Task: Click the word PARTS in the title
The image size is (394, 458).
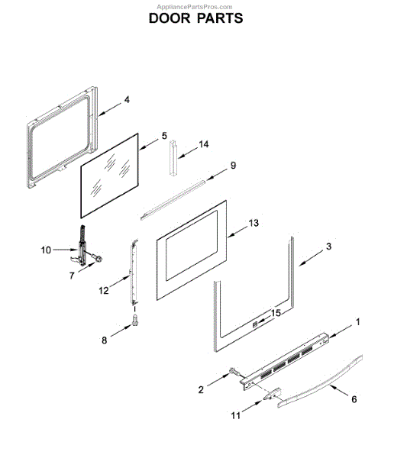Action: click(220, 18)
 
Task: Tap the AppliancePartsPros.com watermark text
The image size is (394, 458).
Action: click(195, 7)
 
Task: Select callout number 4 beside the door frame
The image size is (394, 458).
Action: click(127, 100)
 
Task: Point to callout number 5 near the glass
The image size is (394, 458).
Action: click(164, 136)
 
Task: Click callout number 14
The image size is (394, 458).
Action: click(204, 144)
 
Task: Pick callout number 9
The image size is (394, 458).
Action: click(233, 166)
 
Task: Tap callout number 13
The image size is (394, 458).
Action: click(254, 223)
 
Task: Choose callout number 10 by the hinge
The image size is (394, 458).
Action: click(46, 250)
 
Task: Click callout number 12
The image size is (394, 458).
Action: click(104, 291)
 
